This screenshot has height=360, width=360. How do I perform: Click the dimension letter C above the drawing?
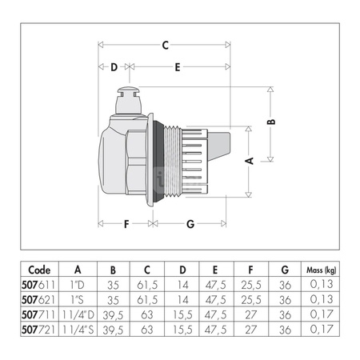[x=166, y=45]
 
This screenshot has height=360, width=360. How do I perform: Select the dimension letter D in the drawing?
[x=114, y=67]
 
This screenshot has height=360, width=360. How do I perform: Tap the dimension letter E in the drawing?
[x=178, y=67]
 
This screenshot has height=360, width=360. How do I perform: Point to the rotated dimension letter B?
[x=271, y=122]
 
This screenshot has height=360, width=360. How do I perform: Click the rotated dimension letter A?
[x=249, y=161]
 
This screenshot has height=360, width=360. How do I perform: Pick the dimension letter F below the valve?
[x=126, y=224]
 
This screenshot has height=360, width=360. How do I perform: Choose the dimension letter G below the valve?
[x=190, y=224]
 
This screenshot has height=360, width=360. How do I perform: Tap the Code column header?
[x=39, y=270]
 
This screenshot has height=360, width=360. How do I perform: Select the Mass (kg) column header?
[x=321, y=270]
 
